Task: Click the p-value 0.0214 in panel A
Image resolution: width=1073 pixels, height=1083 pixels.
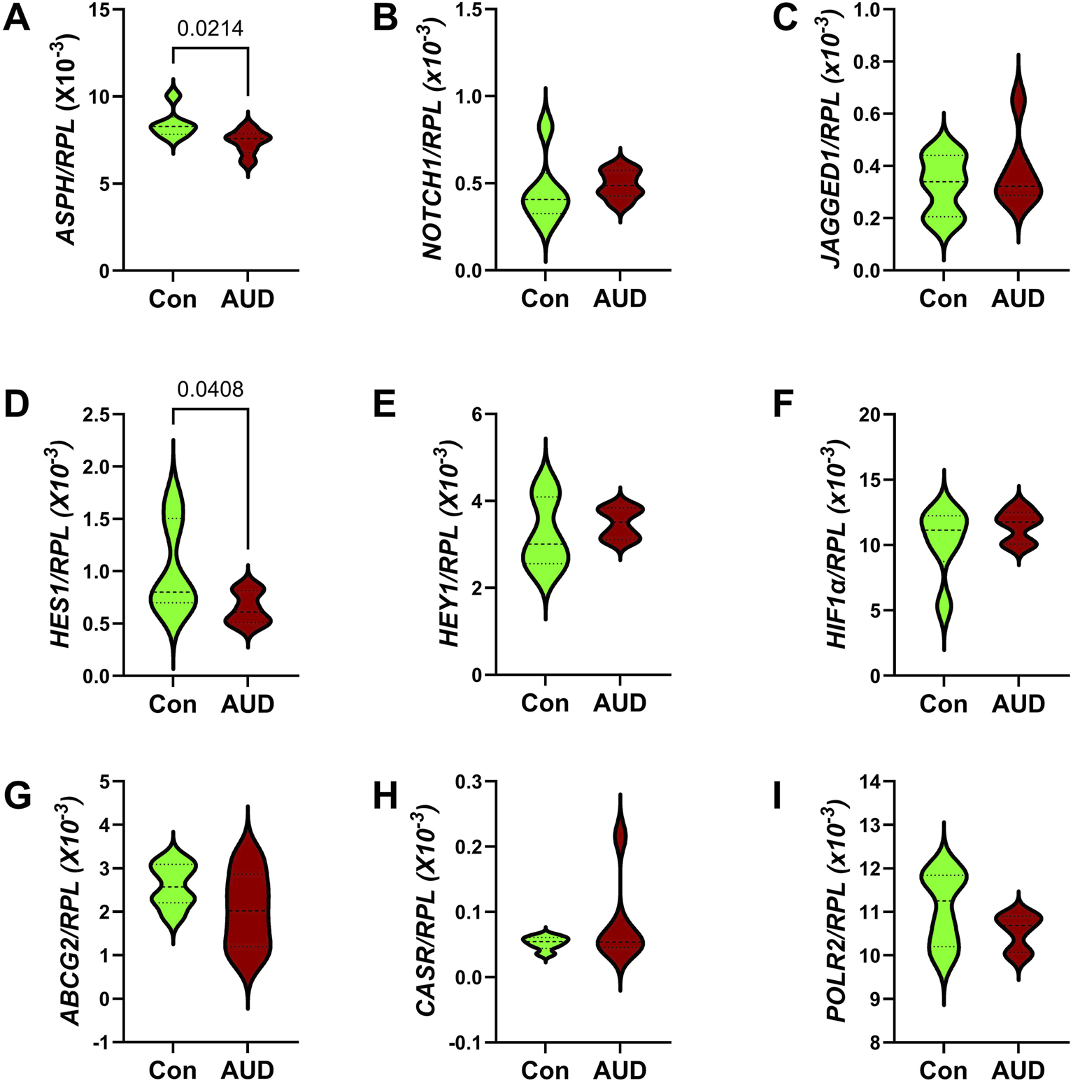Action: pyautogui.click(x=210, y=29)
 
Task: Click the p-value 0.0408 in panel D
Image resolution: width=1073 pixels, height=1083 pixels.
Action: pyautogui.click(x=210, y=390)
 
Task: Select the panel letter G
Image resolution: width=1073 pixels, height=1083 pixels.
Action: pyautogui.click(x=17, y=797)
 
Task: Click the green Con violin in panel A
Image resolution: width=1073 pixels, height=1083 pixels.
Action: pyautogui.click(x=173, y=126)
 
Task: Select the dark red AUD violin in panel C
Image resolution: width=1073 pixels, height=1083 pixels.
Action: pyautogui.click(x=1018, y=189)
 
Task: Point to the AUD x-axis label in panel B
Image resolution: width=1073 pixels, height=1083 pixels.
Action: pyautogui.click(x=620, y=299)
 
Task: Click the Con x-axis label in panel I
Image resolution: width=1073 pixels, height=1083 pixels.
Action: pyautogui.click(x=944, y=1070)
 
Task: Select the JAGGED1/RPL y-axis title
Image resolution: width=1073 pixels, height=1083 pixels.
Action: pyautogui.click(x=833, y=140)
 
